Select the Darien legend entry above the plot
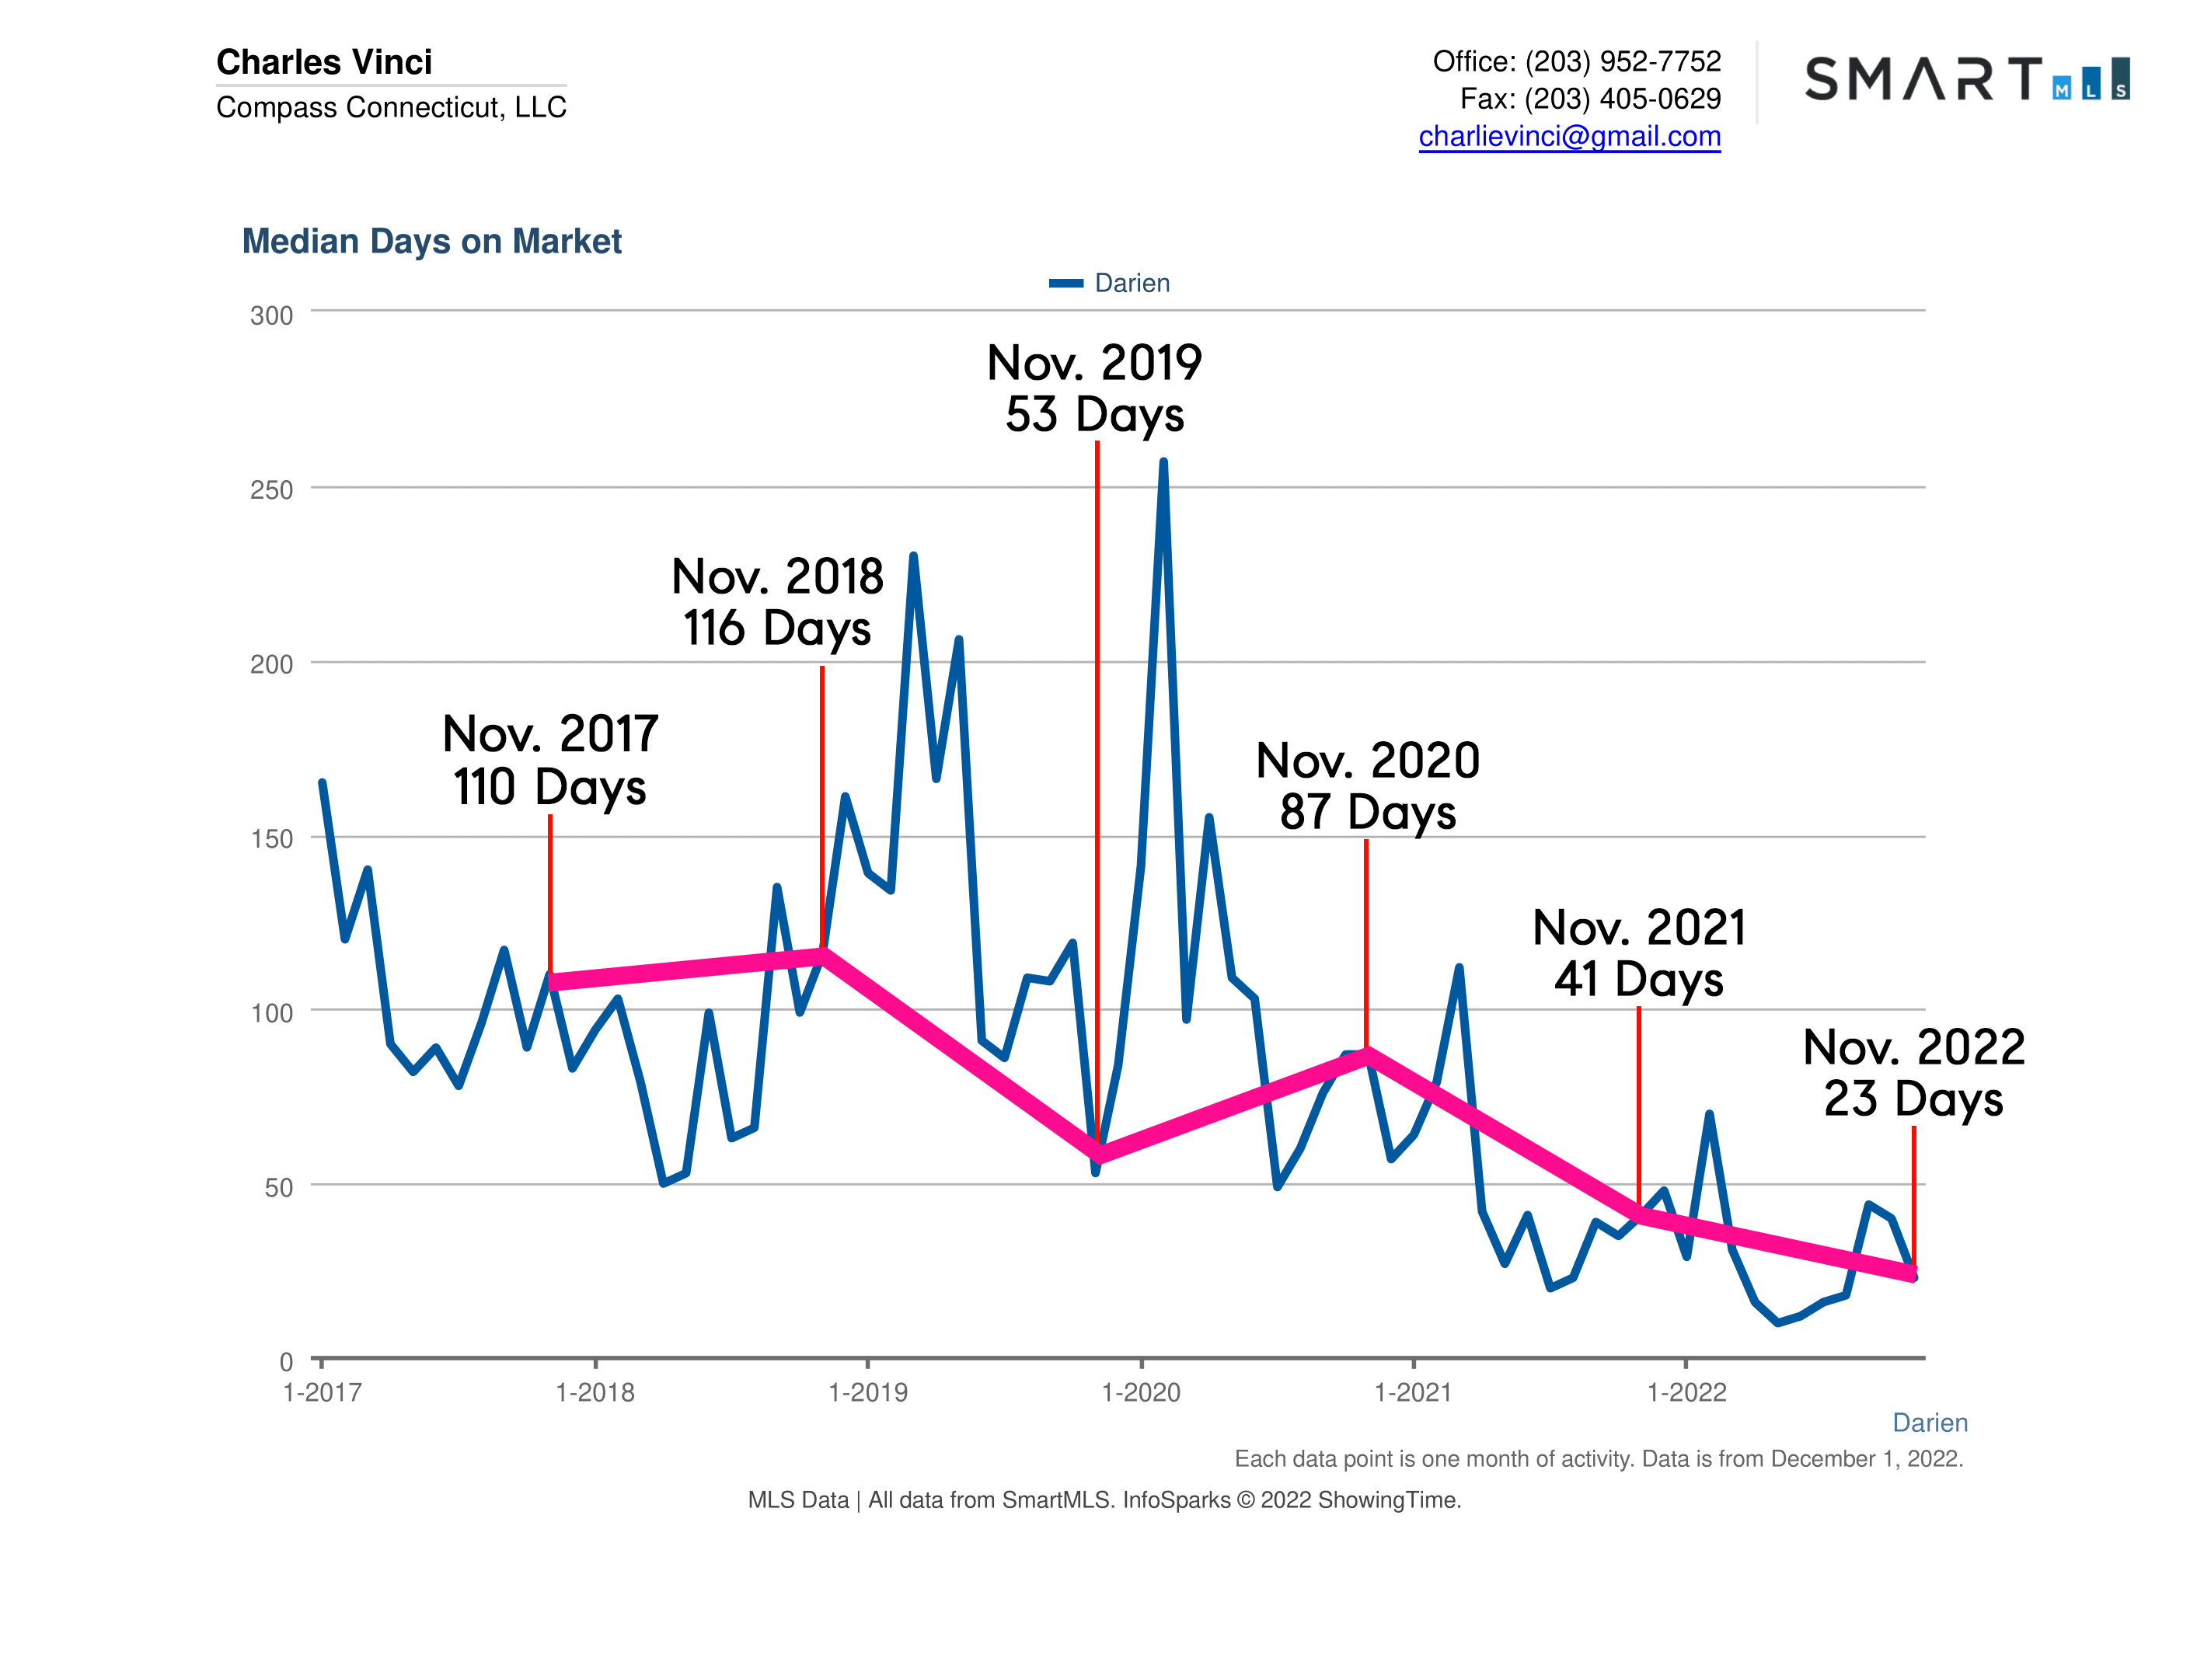[x=1110, y=283]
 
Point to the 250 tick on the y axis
[x=271, y=489]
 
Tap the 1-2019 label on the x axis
[x=867, y=1392]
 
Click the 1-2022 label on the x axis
[x=1686, y=1392]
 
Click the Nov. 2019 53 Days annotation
[x=1094, y=388]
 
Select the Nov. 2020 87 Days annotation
[x=1367, y=785]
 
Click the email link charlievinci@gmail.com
[x=1569, y=136]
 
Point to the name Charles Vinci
[x=324, y=62]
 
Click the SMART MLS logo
[x=1966, y=79]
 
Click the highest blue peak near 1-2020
[x=1163, y=463]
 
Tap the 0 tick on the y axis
[x=286, y=1361]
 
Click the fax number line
[x=1590, y=99]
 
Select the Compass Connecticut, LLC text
[x=391, y=107]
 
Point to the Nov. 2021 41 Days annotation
[x=1639, y=953]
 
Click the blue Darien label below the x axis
[x=1929, y=1422]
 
